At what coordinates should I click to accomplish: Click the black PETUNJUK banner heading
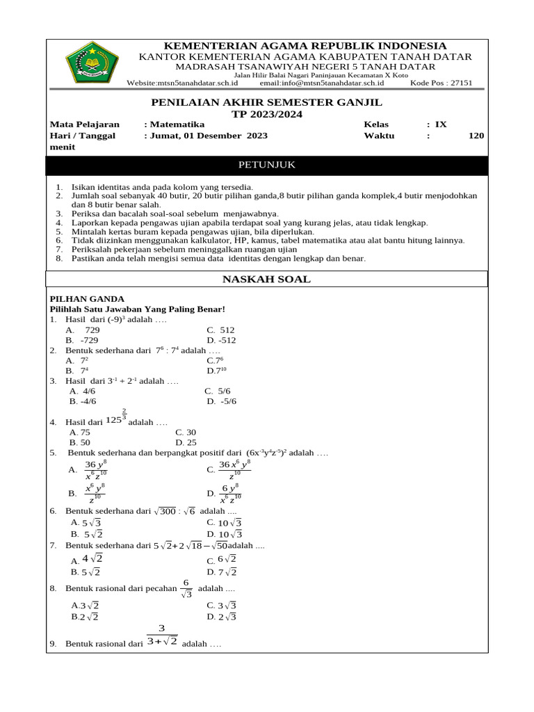[267, 165]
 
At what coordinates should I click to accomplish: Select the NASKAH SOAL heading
[266, 280]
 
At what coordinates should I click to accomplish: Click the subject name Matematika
[172, 124]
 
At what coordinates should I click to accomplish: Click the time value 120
[476, 136]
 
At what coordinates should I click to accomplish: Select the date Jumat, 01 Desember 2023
[206, 136]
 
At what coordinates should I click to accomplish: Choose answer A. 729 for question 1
[83, 330]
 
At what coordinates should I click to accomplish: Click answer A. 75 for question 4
[80, 432]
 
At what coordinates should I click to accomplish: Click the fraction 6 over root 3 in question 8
[186, 588]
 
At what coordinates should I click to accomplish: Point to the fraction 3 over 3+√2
[162, 636]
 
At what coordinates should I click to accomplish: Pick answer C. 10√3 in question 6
[224, 523]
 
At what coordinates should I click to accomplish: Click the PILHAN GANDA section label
[77, 298]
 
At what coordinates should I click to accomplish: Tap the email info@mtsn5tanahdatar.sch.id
[321, 82]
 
